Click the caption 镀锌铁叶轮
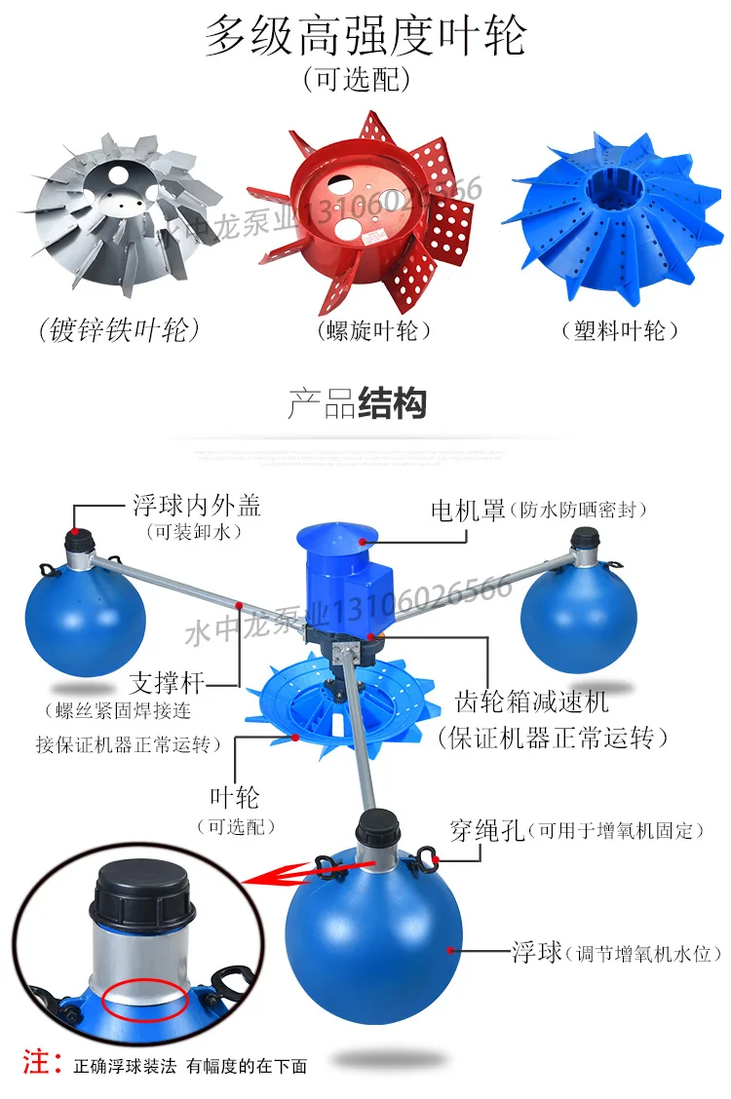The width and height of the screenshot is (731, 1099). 120,331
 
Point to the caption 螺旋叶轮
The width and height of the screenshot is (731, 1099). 374,331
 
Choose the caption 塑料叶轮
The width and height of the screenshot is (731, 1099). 620,331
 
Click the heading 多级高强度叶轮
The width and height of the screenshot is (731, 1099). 365,37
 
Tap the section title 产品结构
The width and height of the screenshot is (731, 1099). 357,402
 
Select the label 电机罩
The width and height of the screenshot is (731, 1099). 468,510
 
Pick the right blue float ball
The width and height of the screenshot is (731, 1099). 579,614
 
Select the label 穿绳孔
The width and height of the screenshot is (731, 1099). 487,830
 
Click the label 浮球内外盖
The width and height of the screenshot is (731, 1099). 197,505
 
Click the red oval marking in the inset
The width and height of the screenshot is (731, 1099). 145,1001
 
